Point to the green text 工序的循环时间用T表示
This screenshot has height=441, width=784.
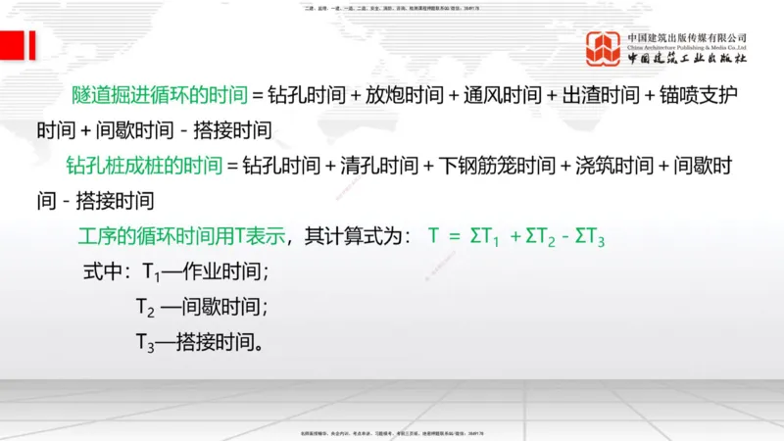point(181,236)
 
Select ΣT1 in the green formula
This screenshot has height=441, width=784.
point(486,237)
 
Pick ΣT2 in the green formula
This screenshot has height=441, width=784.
point(545,237)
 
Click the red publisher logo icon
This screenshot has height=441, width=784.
point(604,49)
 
